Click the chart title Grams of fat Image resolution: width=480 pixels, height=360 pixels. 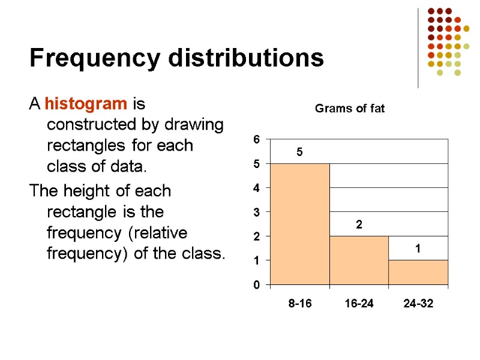pos(350,109)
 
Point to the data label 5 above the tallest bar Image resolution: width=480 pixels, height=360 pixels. pos(300,153)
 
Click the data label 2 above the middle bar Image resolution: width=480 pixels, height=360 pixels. pos(359,225)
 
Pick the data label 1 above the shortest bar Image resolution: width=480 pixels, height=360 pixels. pos(418,249)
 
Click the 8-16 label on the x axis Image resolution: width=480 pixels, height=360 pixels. pos(300,304)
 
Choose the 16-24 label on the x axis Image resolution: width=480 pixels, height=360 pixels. pos(359,304)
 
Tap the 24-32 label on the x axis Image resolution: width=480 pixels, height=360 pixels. pos(418,304)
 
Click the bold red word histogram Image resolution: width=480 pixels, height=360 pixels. pos(86,104)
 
